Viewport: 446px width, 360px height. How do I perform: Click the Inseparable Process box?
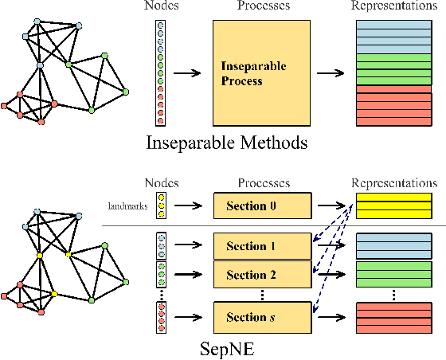(259, 73)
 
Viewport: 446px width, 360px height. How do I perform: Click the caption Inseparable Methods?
(227, 144)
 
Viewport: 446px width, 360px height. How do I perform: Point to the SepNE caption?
(227, 349)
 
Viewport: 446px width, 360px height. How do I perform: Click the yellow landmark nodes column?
(162, 206)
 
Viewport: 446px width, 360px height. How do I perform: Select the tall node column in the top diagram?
(162, 73)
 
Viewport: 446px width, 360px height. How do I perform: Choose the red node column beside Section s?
(162, 317)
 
